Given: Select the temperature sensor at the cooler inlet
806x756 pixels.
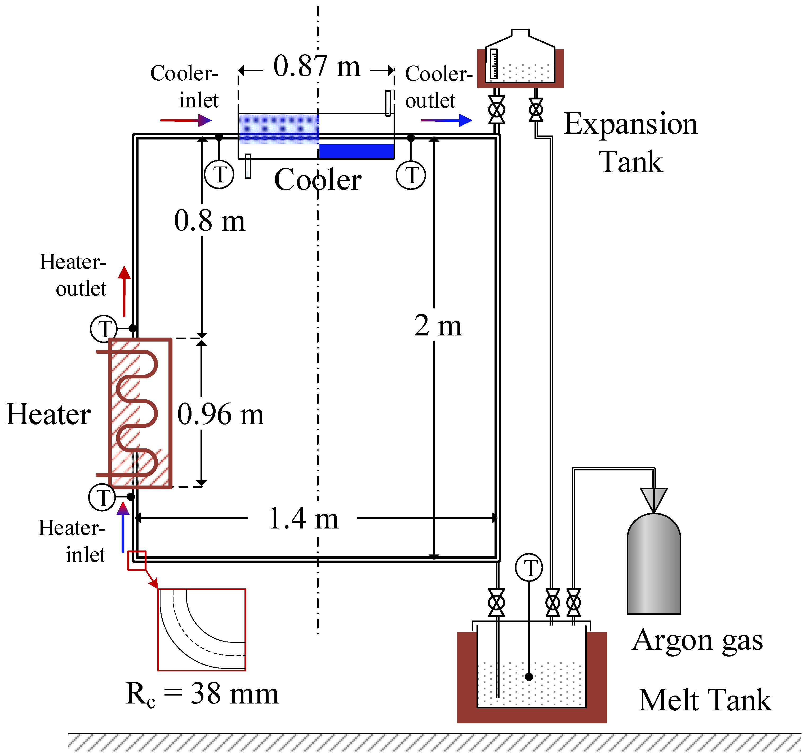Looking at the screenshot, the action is (219, 174).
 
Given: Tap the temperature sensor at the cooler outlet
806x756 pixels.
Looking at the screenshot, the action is (411, 175).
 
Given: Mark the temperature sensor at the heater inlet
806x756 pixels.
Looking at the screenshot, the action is (102, 497).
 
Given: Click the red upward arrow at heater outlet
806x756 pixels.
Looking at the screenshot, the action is (124, 291).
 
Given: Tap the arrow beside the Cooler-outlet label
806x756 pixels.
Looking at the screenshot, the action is (446, 120).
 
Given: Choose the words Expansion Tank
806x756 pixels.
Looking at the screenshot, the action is (631, 142).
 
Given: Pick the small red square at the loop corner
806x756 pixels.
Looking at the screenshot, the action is (137, 560).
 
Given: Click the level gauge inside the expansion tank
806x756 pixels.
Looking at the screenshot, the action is (494, 64).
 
